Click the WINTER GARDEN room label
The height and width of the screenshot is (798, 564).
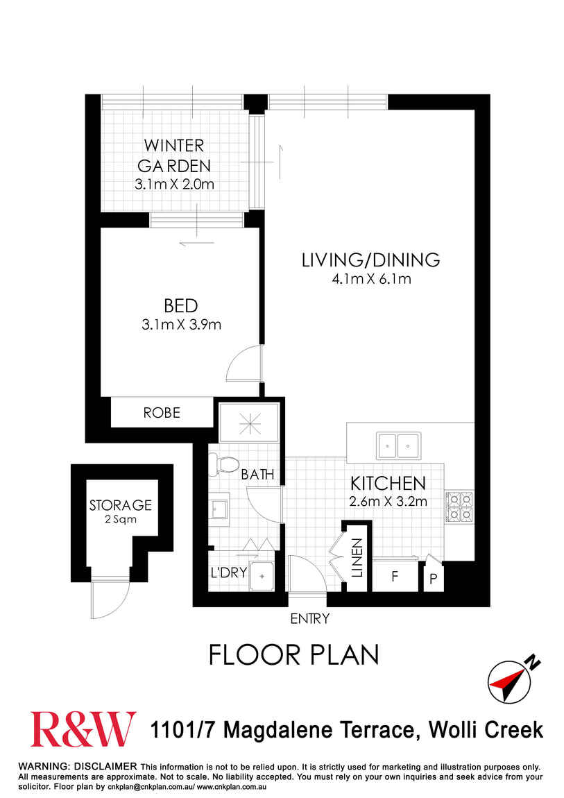click(x=173, y=155)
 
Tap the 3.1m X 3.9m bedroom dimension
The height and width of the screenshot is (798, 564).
click(x=180, y=324)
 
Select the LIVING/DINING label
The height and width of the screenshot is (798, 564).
click(x=370, y=260)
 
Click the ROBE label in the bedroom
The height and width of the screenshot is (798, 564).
click(x=162, y=413)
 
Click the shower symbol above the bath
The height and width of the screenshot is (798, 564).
click(x=248, y=423)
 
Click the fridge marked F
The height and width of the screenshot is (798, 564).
click(x=395, y=576)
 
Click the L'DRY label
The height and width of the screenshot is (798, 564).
click(x=229, y=575)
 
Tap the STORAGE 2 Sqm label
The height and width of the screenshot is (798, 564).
click(x=120, y=511)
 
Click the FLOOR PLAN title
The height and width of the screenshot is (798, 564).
click(x=294, y=655)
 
